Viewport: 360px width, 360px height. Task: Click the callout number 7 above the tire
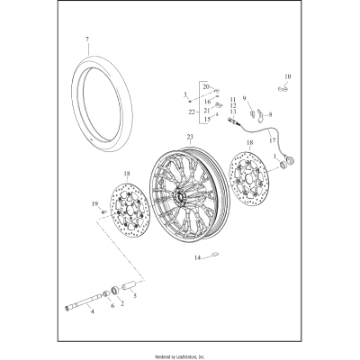point(87,40)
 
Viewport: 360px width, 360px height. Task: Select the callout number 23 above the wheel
point(190,136)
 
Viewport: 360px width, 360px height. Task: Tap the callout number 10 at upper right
point(289,76)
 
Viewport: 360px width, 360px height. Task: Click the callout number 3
point(184,94)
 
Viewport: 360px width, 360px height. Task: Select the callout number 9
point(243,100)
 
